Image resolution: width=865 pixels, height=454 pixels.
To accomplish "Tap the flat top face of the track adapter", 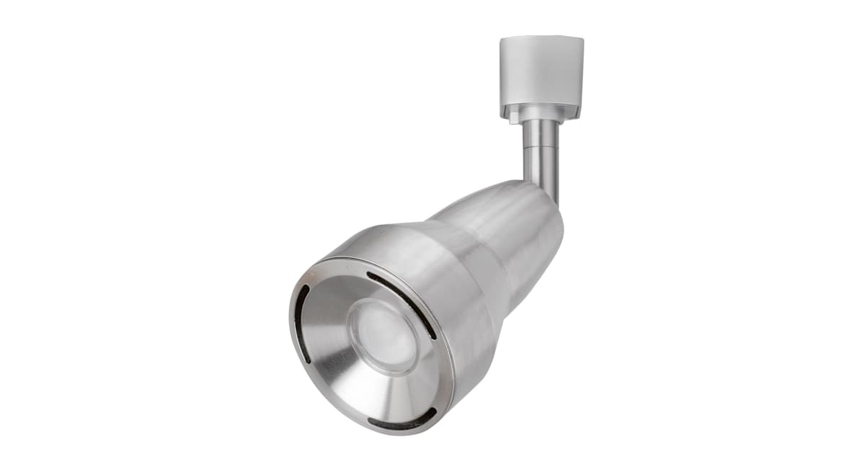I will pos(541,41).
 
